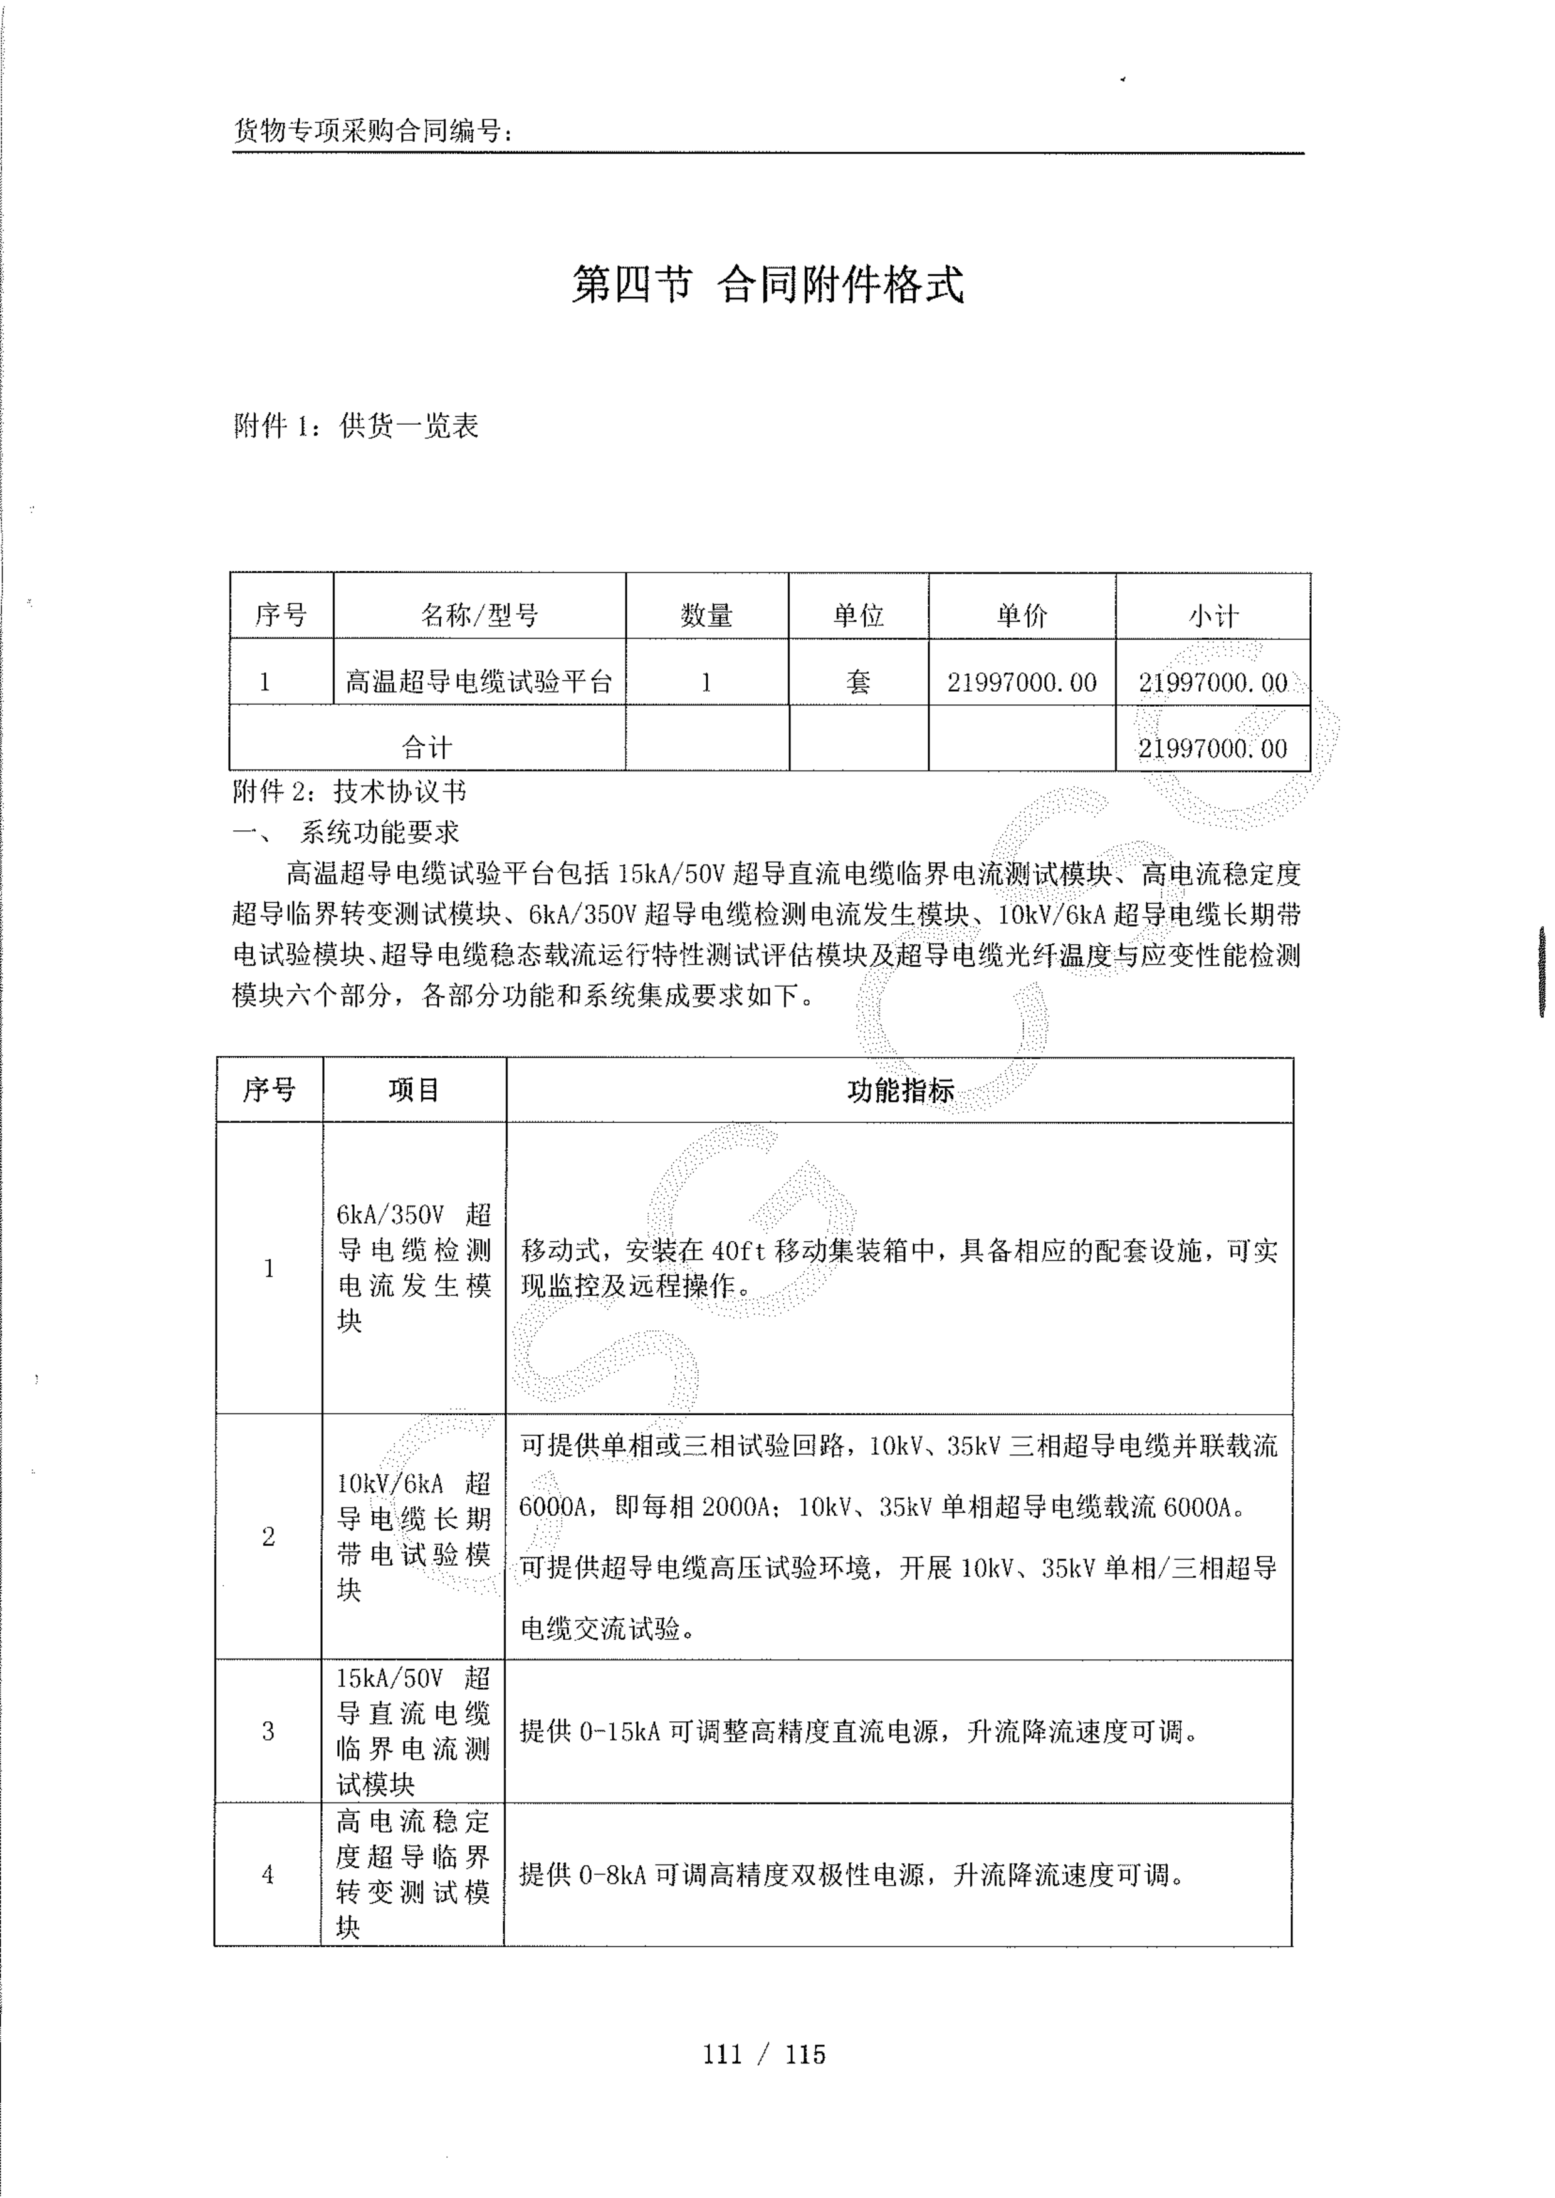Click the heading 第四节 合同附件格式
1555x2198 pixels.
pyautogui.click(x=767, y=284)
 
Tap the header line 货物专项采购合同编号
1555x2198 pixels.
pyautogui.click(x=374, y=131)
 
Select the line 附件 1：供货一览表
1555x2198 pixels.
pyautogui.click(x=356, y=426)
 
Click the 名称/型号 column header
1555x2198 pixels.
pyautogui.click(x=479, y=615)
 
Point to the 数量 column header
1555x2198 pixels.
pyautogui.click(x=706, y=615)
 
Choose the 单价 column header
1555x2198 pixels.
pyautogui.click(x=1022, y=615)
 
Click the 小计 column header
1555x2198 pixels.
pyautogui.click(x=1213, y=615)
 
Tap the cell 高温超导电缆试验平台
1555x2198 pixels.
pyautogui.click(x=479, y=682)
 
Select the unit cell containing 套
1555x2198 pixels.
pyautogui.click(x=858, y=682)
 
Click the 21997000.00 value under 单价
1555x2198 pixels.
pyautogui.click(x=1022, y=682)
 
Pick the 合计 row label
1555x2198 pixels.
pyautogui.click(x=427, y=747)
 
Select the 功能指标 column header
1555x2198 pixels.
pyautogui.click(x=900, y=1090)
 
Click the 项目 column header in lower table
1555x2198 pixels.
pyautogui.click(x=414, y=1090)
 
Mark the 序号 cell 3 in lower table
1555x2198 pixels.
pyautogui.click(x=268, y=1731)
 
